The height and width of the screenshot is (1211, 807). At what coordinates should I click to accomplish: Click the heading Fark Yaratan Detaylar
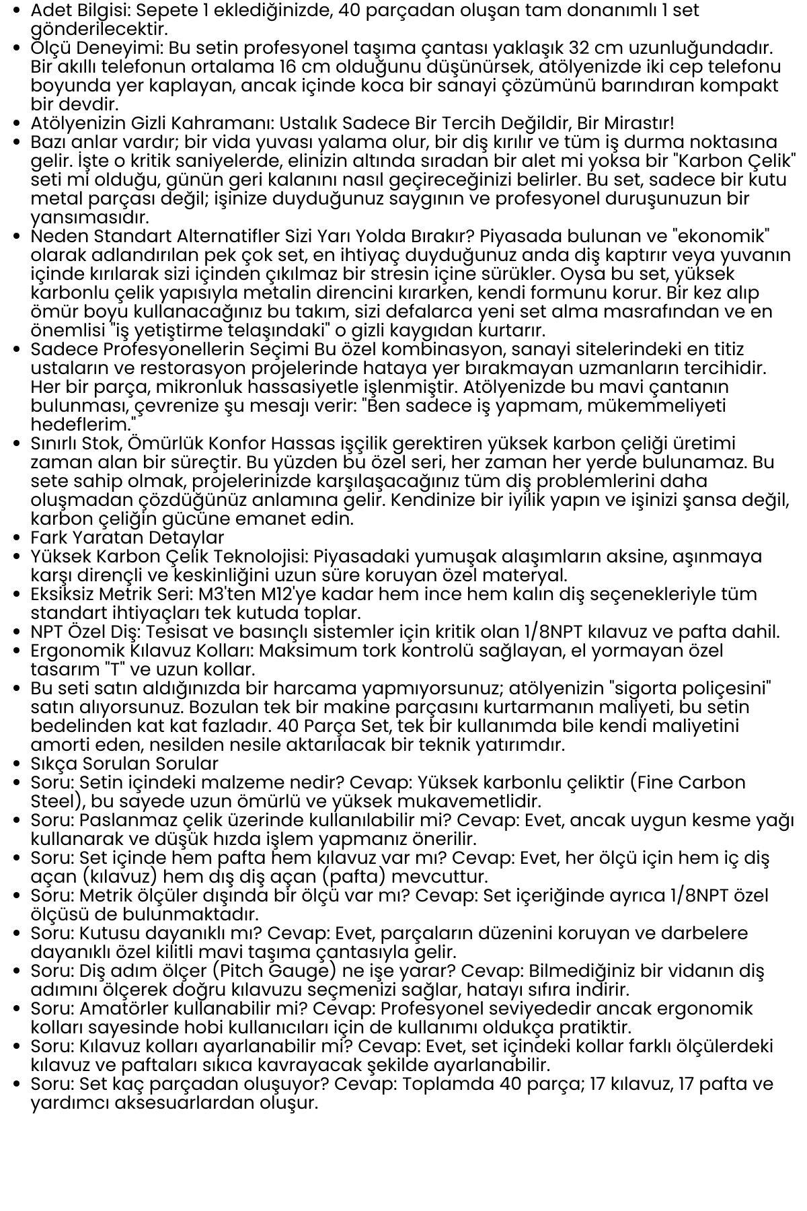pos(127,538)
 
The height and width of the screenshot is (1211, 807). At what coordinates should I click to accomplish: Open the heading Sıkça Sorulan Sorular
pos(124,764)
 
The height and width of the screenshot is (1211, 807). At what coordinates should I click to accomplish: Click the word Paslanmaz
pos(127,821)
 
